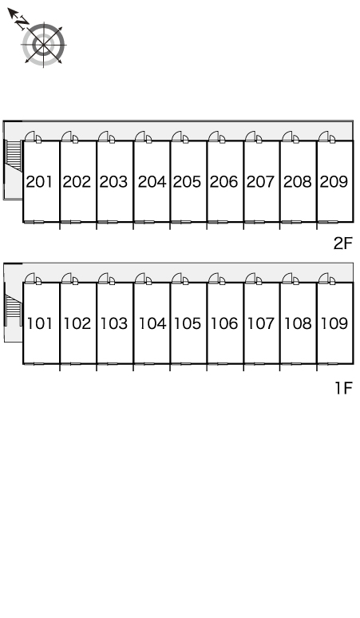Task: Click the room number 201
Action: (39, 182)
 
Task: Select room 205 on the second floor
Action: (187, 182)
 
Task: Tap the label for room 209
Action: (334, 182)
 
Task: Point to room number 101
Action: (39, 323)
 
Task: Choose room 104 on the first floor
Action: (152, 323)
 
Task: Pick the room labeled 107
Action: (261, 323)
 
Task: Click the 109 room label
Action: (334, 323)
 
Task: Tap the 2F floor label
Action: (342, 244)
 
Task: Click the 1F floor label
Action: (343, 388)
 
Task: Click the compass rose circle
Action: (43, 44)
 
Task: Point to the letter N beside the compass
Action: (23, 23)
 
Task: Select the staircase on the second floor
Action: (14, 156)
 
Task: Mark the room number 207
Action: (261, 182)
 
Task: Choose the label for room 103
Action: (114, 323)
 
